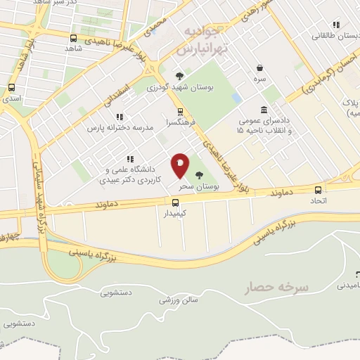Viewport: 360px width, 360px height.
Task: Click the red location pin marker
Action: [180, 166]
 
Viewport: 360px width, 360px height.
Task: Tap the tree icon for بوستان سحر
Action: [199, 175]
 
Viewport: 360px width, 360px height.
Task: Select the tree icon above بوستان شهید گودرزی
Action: [180, 77]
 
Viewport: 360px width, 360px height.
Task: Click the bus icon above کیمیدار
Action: [167, 202]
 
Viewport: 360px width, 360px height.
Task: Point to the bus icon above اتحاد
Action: [319, 190]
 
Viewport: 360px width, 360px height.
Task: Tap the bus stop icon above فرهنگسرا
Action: [180, 110]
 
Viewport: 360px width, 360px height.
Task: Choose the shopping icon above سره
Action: [260, 68]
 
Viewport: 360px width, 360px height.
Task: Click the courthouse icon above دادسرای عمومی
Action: [263, 110]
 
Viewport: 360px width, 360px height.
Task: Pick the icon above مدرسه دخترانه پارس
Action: [120, 117]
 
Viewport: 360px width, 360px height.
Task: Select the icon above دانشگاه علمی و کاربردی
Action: [129, 159]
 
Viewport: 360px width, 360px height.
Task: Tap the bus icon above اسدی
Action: [11, 88]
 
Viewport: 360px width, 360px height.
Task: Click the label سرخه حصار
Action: [267, 288]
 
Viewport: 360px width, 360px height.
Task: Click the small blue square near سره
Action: [236, 98]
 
